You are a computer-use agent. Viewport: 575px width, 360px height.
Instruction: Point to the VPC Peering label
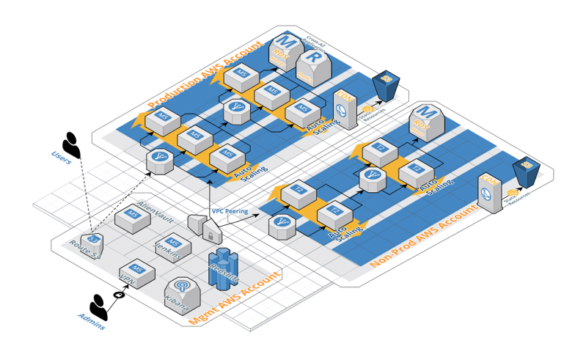coord(230,211)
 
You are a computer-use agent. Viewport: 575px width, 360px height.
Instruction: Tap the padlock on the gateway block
coord(211,235)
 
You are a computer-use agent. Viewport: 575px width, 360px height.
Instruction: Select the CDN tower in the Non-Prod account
coord(488,192)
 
